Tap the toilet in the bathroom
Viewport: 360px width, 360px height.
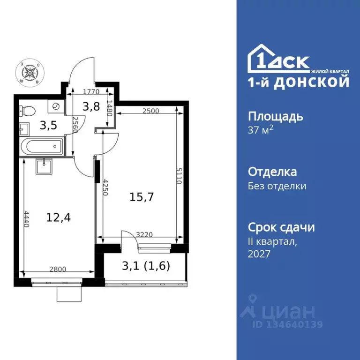point(28,111)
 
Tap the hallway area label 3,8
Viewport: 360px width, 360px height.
point(92,107)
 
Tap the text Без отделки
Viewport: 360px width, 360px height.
point(277,186)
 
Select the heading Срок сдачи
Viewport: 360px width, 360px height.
point(281,227)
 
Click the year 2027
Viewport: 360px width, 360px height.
point(259,253)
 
